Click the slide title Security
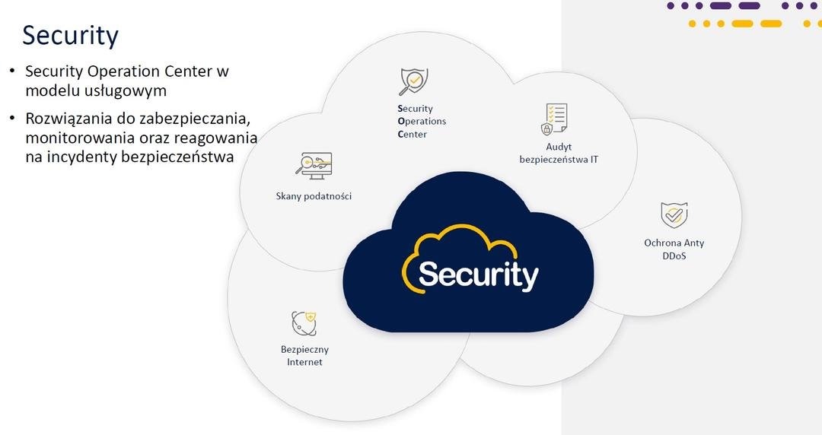(x=70, y=36)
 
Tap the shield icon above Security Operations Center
(x=414, y=81)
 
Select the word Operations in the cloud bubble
(x=422, y=122)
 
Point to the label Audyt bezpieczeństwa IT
(x=558, y=153)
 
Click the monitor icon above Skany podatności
(x=314, y=165)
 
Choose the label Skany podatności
(x=314, y=196)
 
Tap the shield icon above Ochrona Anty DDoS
(x=674, y=215)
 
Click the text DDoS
(x=674, y=256)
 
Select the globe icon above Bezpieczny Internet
(x=304, y=323)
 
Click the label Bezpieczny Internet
(x=304, y=356)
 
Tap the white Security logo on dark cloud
(x=478, y=275)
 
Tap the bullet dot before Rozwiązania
(x=11, y=119)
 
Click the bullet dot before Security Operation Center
(x=11, y=71)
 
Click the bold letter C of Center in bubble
(x=401, y=135)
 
